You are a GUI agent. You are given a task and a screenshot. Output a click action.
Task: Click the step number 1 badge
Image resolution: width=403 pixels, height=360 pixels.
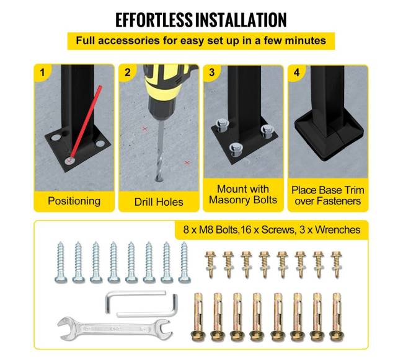[x=42, y=72]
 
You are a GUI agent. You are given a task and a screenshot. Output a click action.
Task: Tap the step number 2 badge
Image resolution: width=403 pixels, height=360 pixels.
[x=127, y=72]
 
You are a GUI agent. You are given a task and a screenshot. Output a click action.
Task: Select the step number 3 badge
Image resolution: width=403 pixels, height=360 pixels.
[x=212, y=72]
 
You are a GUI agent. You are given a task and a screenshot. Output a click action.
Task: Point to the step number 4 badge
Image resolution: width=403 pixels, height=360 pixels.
[x=296, y=72]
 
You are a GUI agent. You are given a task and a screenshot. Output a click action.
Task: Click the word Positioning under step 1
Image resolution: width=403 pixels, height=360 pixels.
[x=74, y=201]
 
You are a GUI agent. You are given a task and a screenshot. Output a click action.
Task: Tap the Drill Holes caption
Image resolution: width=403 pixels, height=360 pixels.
[x=159, y=202]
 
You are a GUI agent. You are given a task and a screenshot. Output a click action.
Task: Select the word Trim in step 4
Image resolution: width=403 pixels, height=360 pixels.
[x=355, y=190]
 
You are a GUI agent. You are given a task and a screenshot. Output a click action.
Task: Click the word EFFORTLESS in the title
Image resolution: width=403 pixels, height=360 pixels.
[x=154, y=20]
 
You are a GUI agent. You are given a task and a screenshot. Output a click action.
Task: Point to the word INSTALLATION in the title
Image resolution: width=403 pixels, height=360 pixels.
[x=241, y=20]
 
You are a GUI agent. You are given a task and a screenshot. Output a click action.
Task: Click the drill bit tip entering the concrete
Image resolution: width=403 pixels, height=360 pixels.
[x=159, y=179]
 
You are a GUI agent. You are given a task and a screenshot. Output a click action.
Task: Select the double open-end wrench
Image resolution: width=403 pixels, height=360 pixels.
[x=115, y=329]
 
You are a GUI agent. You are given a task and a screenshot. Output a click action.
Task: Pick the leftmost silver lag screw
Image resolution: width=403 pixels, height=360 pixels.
[x=61, y=262]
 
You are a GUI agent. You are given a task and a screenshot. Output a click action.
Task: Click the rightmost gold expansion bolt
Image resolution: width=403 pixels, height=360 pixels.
[x=337, y=317]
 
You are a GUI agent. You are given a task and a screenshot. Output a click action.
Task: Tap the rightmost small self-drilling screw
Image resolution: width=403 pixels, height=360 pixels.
[x=337, y=264]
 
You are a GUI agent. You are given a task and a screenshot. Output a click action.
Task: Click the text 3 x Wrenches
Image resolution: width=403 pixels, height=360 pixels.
[x=330, y=229]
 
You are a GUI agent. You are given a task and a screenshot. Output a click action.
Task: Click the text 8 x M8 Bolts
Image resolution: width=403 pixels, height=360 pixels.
[x=211, y=229]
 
